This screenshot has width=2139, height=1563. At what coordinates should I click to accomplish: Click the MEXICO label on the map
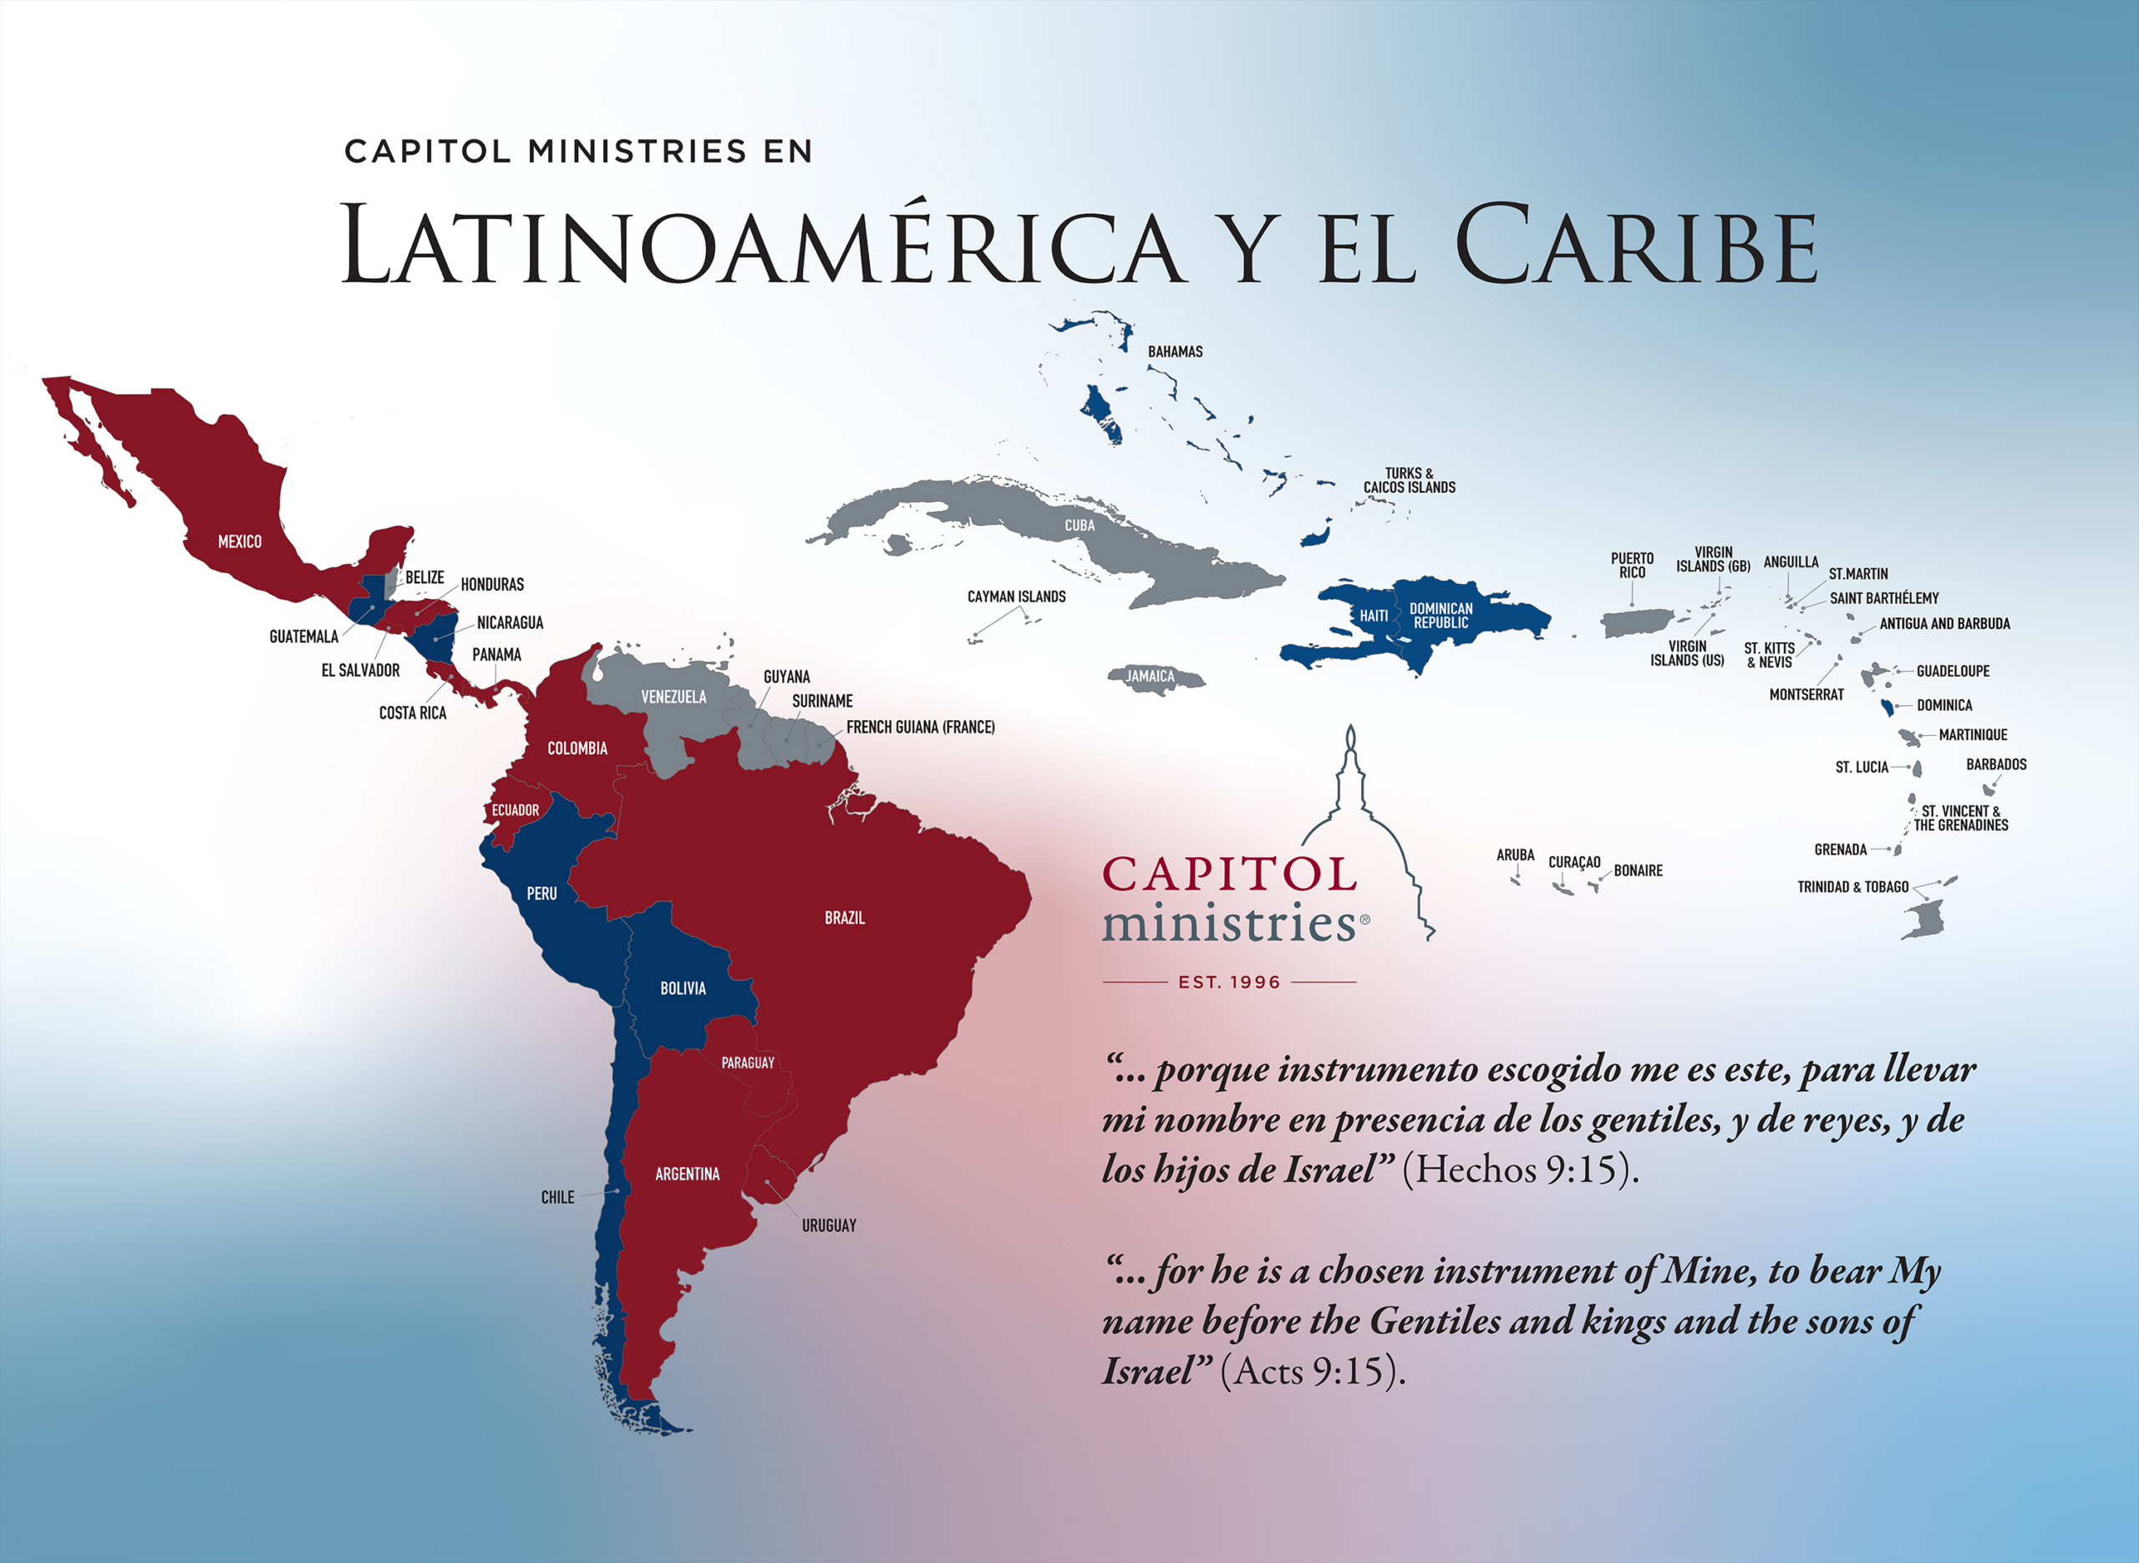239,542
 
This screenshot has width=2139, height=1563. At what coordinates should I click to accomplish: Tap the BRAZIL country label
844,918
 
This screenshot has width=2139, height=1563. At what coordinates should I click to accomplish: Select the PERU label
541,893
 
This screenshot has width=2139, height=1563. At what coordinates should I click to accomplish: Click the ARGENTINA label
687,1175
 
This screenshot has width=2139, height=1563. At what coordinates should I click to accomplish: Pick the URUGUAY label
829,1226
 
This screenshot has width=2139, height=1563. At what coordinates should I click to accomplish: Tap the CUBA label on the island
1080,526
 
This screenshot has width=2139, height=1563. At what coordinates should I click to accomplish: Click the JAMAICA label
1150,677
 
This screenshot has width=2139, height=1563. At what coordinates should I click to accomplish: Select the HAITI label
1374,616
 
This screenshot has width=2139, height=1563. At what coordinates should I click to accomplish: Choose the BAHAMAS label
1175,352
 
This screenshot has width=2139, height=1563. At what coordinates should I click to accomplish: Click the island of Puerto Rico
1635,623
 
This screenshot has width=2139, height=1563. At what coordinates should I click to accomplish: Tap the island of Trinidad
1924,919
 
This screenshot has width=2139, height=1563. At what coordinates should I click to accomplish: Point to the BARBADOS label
1996,764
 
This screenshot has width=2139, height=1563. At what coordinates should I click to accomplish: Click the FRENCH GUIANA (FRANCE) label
920,728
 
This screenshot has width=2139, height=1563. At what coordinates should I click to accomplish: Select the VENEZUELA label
673,698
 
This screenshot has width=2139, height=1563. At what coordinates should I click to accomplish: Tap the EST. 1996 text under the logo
1229,982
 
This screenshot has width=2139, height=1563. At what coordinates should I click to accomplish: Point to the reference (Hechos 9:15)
1519,1170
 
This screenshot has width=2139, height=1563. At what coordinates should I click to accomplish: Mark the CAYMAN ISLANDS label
1016,597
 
